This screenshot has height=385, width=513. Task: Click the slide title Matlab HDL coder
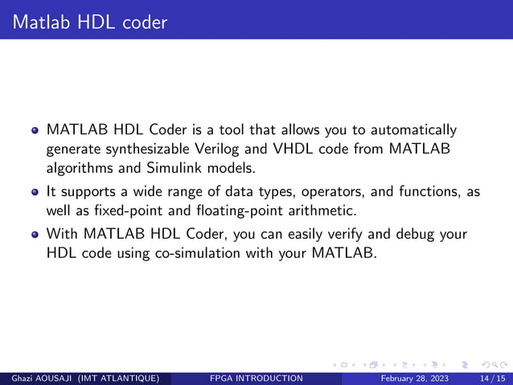point(89,22)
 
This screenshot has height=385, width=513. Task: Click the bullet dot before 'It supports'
point(35,192)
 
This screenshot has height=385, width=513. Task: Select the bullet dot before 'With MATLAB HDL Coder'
point(35,234)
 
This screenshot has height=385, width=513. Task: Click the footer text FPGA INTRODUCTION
point(255,379)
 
